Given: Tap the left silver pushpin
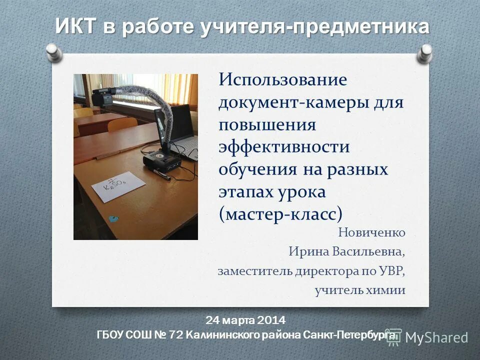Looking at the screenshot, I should [x=53, y=51].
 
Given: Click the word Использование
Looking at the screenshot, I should [x=282, y=79].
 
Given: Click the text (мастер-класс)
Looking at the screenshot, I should [x=281, y=213].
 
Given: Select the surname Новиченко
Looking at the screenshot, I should [x=371, y=232].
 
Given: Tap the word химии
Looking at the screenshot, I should [x=388, y=290].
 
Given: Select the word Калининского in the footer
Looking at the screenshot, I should [x=223, y=334].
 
